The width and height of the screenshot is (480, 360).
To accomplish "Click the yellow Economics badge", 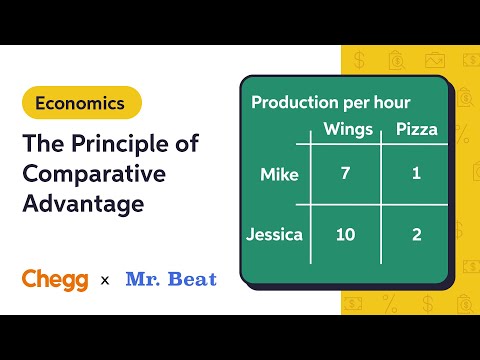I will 81,102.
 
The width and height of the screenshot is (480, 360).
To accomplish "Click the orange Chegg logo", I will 56,278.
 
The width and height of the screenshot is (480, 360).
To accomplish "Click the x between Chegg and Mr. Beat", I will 105,279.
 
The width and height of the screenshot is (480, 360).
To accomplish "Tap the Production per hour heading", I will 330,102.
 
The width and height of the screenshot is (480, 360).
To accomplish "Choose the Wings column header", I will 348,129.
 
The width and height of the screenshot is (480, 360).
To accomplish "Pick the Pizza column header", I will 417,129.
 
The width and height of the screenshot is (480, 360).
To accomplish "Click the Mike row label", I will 279,175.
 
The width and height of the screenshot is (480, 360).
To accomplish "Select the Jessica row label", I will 274,235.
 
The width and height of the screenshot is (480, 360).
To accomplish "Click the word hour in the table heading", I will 389,102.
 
